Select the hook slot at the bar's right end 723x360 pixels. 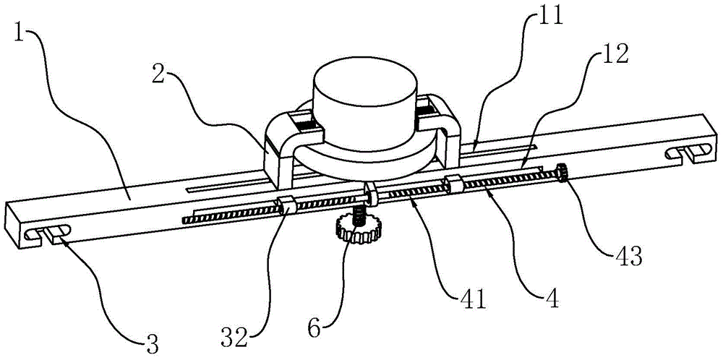tap(684, 152)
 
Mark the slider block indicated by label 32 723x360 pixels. tap(285, 205)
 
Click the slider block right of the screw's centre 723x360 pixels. tap(454, 183)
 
